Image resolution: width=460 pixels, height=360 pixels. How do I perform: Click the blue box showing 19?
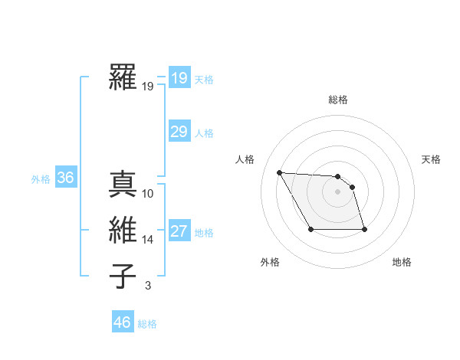179,78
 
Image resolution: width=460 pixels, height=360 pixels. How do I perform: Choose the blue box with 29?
179,132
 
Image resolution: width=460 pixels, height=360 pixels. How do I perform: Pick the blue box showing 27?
179,231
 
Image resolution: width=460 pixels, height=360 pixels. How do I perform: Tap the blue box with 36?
65,178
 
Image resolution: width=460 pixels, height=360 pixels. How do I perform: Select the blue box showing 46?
122,322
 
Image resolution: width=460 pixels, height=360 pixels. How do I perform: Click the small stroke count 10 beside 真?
148,194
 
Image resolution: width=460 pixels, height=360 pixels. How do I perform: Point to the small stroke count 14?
148,240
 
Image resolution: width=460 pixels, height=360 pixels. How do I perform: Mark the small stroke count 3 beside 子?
148,286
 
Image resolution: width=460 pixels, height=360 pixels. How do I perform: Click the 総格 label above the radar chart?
338,100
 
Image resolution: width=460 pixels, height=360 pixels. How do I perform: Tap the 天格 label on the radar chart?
431,159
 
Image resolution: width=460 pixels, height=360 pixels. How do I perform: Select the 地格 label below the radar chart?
402,262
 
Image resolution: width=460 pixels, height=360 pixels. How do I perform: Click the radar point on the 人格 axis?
279,172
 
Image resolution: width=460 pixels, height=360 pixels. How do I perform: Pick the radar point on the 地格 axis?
364,229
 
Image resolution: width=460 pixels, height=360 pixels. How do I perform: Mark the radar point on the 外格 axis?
310,229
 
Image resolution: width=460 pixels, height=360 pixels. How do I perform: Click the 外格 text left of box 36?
41,179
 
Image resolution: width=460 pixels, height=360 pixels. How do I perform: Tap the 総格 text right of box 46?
147,324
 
